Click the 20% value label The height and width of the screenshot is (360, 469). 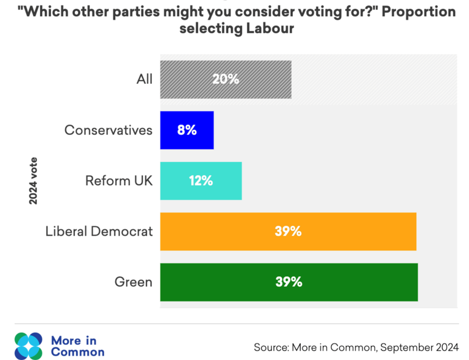tap(226, 79)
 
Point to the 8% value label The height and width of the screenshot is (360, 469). tap(187, 130)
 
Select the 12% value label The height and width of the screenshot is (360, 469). tap(201, 181)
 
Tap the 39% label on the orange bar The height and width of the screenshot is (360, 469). tap(288, 232)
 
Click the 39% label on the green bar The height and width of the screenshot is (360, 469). tap(289, 282)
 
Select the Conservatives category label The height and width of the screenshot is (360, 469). tap(109, 130)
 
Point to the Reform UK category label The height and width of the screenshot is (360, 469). tap(119, 181)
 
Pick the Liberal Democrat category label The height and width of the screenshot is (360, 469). tap(99, 232)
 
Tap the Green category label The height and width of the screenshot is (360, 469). tap(134, 282)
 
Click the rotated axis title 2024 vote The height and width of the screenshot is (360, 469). tap(33, 181)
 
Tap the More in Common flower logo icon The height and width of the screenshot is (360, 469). tap(29, 346)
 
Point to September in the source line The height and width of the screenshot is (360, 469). tap(394, 346)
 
